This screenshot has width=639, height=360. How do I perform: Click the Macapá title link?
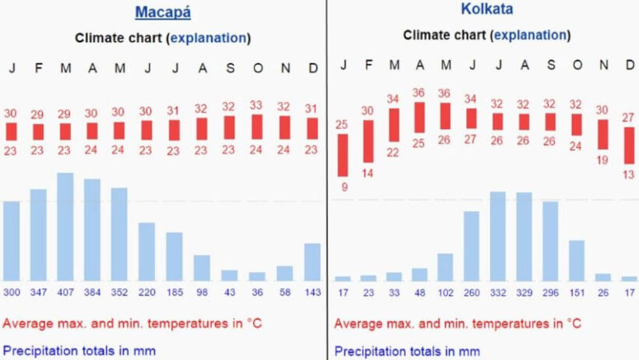pyautogui.click(x=163, y=12)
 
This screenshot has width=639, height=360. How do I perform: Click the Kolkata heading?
pyautogui.click(x=486, y=10)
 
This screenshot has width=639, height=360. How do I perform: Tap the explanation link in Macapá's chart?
pyautogui.click(x=209, y=37)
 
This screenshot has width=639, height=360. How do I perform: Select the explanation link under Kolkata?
pyautogui.click(x=529, y=35)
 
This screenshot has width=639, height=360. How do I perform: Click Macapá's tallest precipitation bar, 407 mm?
pyautogui.click(x=65, y=227)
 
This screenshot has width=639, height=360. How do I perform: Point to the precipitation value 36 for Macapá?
pyautogui.click(x=257, y=292)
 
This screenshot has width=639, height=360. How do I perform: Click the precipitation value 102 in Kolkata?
pyautogui.click(x=445, y=292)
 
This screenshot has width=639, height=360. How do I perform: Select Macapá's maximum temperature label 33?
pyautogui.click(x=256, y=104)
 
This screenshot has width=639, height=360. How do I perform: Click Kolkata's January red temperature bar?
pyautogui.click(x=343, y=155)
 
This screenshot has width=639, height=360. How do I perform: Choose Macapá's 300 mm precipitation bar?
pyautogui.click(x=12, y=241)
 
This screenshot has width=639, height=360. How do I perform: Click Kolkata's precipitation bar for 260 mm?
pyautogui.click(x=471, y=245)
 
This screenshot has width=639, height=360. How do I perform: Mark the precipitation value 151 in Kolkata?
pyautogui.click(x=576, y=292)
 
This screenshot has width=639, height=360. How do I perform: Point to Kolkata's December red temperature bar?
pyautogui.click(x=629, y=145)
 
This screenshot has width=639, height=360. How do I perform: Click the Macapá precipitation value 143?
pyautogui.click(x=312, y=292)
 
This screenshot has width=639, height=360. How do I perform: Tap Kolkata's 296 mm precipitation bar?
pyautogui.click(x=550, y=241)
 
